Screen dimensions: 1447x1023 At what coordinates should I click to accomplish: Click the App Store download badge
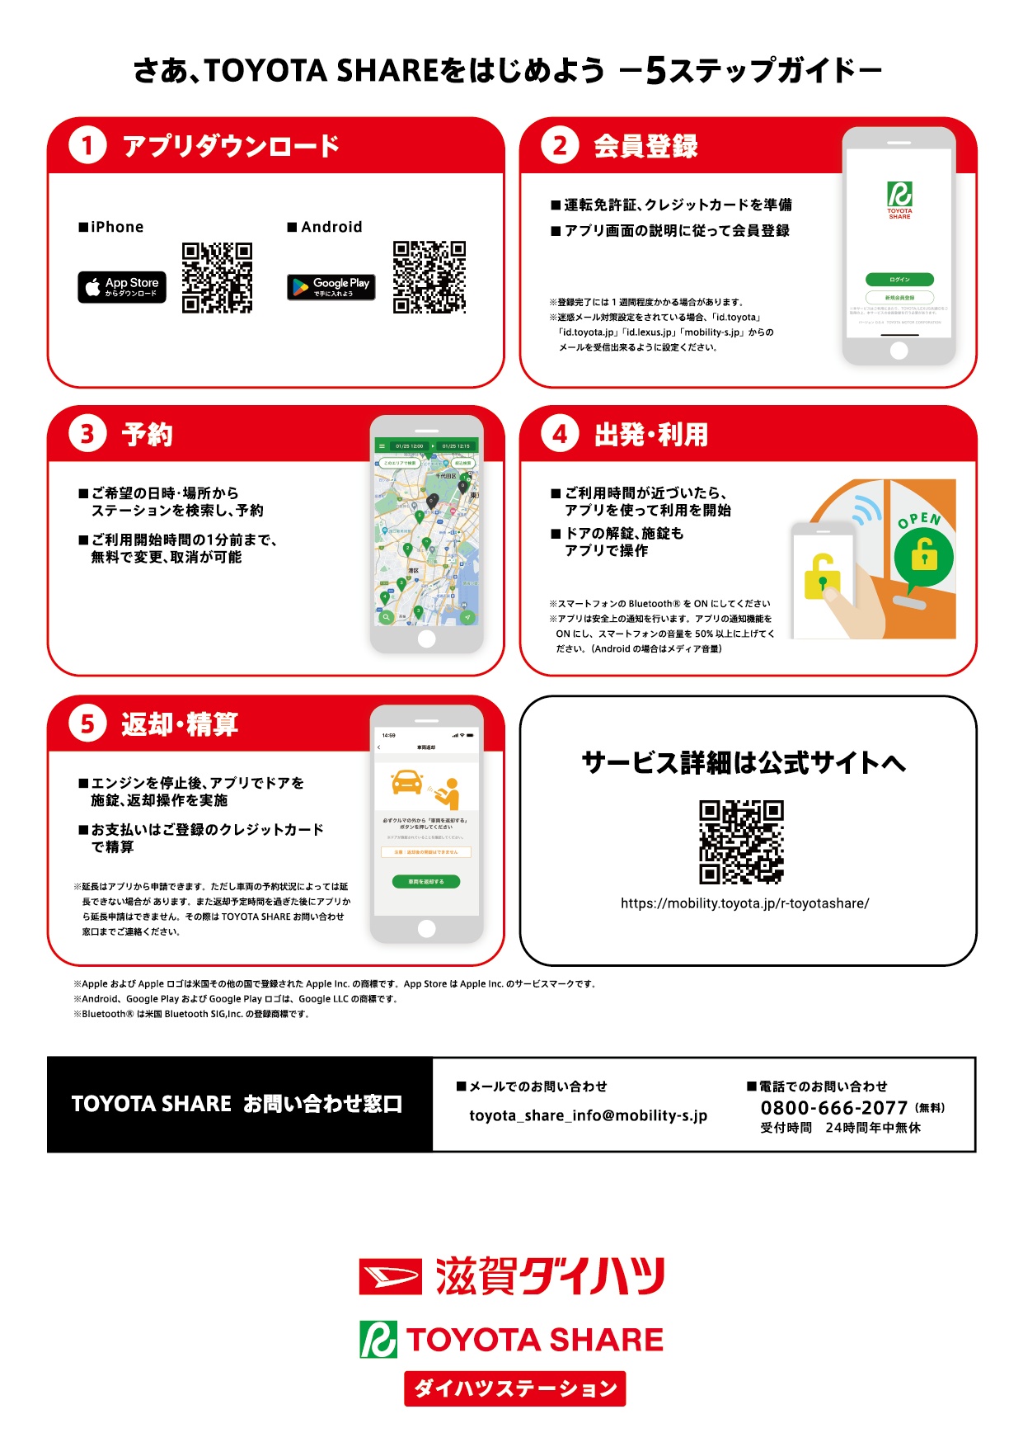point(122,287)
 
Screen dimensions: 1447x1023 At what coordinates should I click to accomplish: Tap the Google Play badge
point(331,287)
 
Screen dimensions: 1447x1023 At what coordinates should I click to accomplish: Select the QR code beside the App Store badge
point(217,277)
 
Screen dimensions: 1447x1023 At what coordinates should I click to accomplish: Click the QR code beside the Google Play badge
point(429,277)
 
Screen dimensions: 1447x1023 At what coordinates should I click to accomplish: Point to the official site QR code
point(741,842)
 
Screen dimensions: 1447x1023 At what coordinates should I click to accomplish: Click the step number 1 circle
point(87,146)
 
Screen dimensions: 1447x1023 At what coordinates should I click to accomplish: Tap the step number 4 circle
point(560,435)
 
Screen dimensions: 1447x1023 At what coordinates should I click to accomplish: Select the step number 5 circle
point(87,724)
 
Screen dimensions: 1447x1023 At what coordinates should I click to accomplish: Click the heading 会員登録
point(645,146)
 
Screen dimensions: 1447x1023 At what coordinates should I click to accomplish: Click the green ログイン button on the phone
point(899,280)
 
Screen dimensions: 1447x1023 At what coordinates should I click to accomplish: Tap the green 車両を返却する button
point(426,882)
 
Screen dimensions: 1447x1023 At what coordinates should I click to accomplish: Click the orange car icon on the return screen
point(407,781)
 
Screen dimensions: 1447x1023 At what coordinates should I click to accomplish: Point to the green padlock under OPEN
point(924,556)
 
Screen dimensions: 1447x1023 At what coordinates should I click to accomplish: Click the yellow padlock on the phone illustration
point(822,577)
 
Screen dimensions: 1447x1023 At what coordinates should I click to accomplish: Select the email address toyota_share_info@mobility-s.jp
point(588,1115)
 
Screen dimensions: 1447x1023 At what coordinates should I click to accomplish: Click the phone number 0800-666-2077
point(833,1108)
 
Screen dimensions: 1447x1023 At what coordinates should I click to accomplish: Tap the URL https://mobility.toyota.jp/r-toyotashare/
point(744,903)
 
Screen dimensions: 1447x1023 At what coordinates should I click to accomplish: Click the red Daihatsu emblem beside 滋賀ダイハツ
point(390,1277)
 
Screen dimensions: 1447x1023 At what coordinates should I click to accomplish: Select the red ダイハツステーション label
point(514,1388)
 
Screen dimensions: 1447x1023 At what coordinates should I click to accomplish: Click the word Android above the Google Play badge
point(331,227)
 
